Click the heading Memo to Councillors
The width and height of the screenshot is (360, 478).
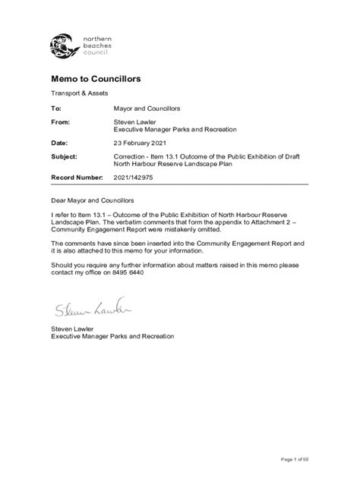[96, 79]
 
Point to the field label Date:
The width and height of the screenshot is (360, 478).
[59, 143]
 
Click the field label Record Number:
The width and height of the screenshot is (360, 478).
[76, 176]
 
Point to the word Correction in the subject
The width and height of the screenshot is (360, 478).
[131, 156]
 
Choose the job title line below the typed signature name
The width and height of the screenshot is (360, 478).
[107, 335]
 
